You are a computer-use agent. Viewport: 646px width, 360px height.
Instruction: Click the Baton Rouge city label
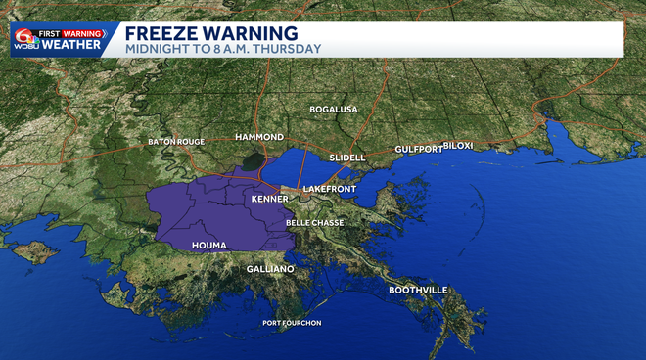(176, 142)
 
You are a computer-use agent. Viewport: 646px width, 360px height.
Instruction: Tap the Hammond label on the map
(259, 137)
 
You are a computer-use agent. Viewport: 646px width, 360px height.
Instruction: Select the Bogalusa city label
(334, 109)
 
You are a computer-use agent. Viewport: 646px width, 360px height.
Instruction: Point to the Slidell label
(346, 157)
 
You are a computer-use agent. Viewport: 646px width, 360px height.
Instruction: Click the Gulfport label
(418, 149)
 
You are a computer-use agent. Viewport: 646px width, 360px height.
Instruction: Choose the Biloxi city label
(458, 145)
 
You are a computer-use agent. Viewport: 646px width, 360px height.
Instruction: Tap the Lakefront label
(328, 187)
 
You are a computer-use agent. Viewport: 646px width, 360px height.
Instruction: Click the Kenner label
(269, 199)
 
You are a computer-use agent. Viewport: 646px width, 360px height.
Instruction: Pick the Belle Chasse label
(314, 223)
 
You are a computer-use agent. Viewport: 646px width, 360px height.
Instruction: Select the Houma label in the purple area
(209, 245)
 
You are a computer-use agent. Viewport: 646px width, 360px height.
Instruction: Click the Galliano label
(269, 268)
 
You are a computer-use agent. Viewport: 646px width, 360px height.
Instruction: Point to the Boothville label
(418, 290)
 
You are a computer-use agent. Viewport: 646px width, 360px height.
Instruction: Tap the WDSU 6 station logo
(25, 39)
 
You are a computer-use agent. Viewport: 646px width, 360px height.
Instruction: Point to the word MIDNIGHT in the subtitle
(155, 48)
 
